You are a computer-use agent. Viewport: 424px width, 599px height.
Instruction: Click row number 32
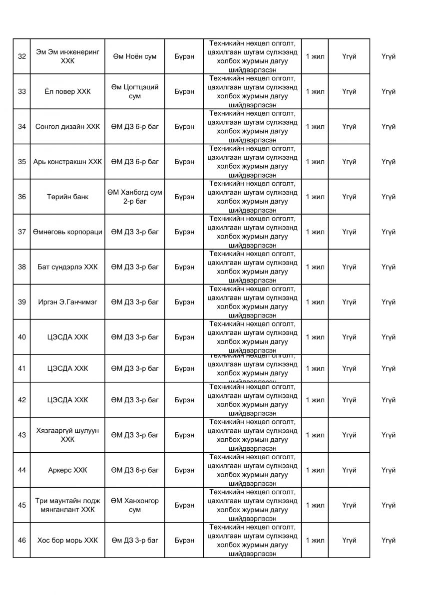(x=22, y=56)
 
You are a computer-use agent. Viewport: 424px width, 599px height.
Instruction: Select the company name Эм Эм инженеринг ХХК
(x=67, y=56)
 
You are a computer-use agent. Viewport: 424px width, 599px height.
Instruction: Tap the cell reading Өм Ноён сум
(x=134, y=56)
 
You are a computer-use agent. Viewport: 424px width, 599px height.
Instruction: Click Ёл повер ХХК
(x=67, y=92)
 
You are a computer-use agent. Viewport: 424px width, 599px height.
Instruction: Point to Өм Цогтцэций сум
(x=134, y=91)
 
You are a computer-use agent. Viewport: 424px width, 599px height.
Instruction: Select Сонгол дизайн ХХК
(x=67, y=127)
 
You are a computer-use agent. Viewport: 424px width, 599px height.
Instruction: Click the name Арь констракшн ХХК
(x=67, y=162)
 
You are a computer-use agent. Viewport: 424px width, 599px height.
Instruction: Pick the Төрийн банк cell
(x=67, y=197)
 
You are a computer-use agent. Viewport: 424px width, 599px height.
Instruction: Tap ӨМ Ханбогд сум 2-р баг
(x=134, y=197)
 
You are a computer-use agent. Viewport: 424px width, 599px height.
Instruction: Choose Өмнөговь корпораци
(x=67, y=232)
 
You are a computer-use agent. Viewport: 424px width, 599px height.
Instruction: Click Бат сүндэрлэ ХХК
(x=67, y=267)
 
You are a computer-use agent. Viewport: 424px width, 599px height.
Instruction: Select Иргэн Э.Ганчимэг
(x=67, y=302)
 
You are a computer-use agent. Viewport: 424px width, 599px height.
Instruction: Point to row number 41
(x=22, y=369)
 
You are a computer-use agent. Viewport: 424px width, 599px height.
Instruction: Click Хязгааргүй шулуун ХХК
(x=67, y=435)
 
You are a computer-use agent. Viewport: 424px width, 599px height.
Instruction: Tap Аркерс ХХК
(x=67, y=470)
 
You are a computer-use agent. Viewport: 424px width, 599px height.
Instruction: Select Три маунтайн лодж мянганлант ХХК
(x=67, y=505)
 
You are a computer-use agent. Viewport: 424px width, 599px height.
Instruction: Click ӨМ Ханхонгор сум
(x=134, y=505)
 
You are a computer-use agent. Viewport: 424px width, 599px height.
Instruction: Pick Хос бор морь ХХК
(x=67, y=541)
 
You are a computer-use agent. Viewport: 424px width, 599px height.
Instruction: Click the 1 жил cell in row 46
(x=315, y=541)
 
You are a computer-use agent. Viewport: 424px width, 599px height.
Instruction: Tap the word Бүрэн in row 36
(x=184, y=197)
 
